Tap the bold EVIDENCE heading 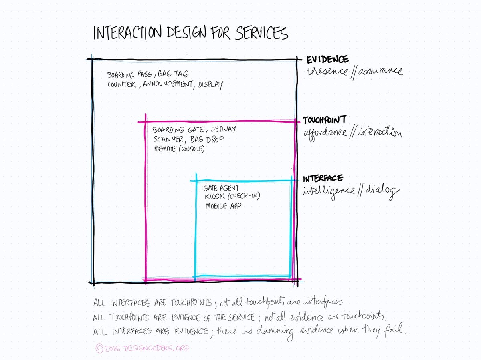pos(327,60)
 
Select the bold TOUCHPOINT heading pos(324,120)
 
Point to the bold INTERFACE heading pos(323,179)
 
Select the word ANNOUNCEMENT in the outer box pos(168,85)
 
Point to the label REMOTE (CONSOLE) pos(179,149)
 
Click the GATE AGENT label pos(221,188)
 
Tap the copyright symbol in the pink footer pos(99,348)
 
